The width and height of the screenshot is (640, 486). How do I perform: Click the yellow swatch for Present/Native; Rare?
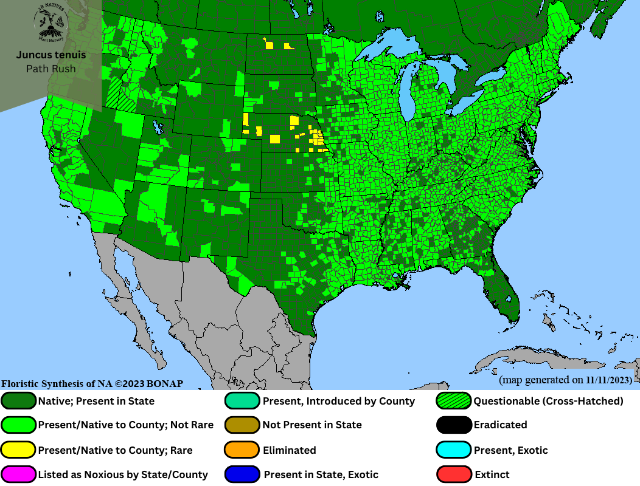pyautogui.click(x=19, y=450)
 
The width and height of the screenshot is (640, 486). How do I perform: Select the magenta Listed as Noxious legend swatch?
pyautogui.click(x=19, y=474)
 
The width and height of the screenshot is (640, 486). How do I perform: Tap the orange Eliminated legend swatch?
pyautogui.click(x=243, y=450)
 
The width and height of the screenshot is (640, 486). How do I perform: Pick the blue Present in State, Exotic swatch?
pyautogui.click(x=243, y=474)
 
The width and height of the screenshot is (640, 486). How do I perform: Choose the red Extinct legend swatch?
pyautogui.click(x=454, y=474)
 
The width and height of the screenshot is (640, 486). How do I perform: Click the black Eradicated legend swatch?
pyautogui.click(x=454, y=425)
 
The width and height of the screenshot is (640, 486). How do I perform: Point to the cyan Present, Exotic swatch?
pyautogui.click(x=454, y=450)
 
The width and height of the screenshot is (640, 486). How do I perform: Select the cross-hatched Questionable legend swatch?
pyautogui.click(x=454, y=401)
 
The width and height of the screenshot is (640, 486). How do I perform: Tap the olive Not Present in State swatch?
pyautogui.click(x=243, y=425)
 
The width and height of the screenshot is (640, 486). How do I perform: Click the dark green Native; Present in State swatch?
pyautogui.click(x=19, y=401)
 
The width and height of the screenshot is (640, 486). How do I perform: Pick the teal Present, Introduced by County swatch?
pyautogui.click(x=243, y=401)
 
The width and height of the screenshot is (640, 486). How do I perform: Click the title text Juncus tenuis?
pyautogui.click(x=51, y=55)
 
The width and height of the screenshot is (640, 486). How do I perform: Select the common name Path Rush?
pyautogui.click(x=51, y=69)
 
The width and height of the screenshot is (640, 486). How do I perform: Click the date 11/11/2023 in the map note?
pyautogui.click(x=608, y=380)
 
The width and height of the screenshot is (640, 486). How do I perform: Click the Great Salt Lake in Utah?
pyautogui.click(x=159, y=128)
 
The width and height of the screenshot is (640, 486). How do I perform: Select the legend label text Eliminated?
pyautogui.click(x=289, y=450)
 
